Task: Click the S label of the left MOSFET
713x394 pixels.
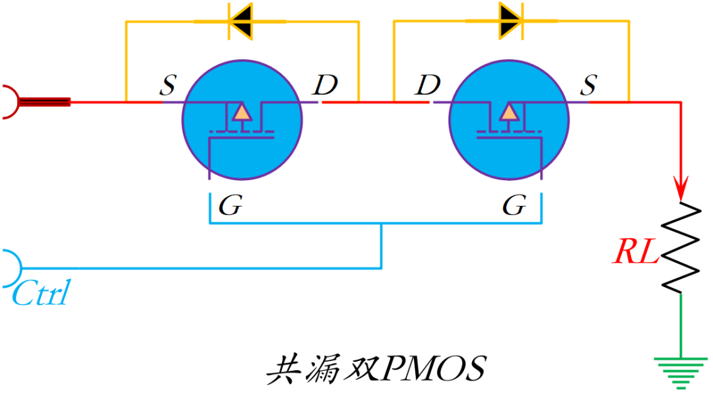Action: tap(169, 85)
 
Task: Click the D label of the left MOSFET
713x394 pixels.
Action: tap(325, 84)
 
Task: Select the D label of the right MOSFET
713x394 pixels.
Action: tap(428, 84)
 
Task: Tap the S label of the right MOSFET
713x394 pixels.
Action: tap(588, 84)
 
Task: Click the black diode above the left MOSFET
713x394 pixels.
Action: tap(240, 21)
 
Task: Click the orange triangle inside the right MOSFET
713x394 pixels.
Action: tap(508, 113)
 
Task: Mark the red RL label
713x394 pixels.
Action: tap(636, 252)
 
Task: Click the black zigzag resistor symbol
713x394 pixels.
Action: tap(680, 247)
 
